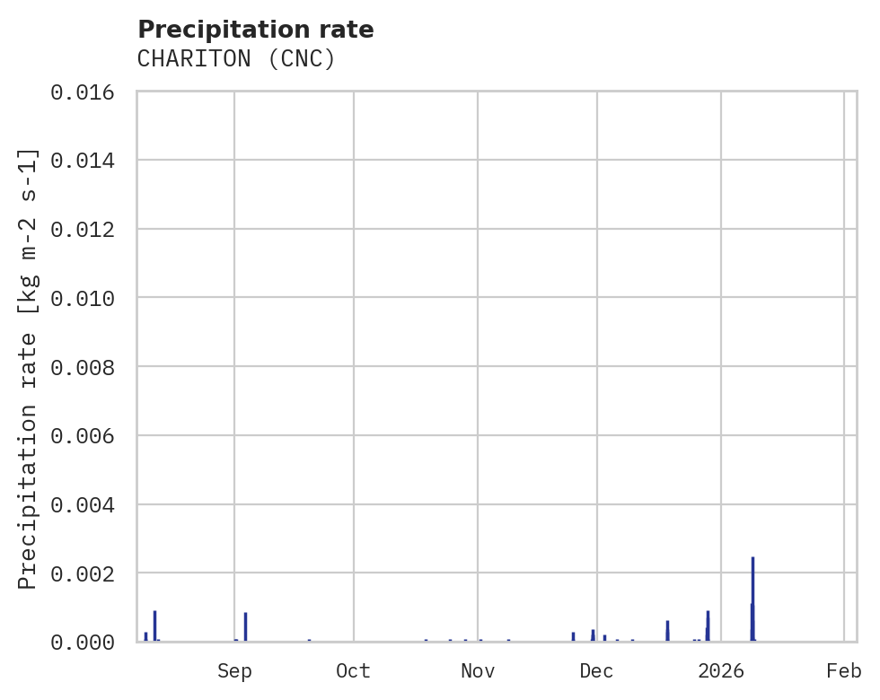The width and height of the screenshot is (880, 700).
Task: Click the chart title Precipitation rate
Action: point(256,30)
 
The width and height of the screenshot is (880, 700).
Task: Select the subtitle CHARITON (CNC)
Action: point(236,59)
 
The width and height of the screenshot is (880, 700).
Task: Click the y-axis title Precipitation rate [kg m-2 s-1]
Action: point(29,368)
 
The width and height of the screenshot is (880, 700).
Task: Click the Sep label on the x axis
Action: point(234,671)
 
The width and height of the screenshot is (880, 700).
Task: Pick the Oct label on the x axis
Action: point(354,671)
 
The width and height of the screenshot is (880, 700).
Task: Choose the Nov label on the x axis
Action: point(478,671)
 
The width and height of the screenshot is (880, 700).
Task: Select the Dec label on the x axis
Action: point(597,671)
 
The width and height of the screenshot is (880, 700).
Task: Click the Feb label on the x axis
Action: point(844,671)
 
